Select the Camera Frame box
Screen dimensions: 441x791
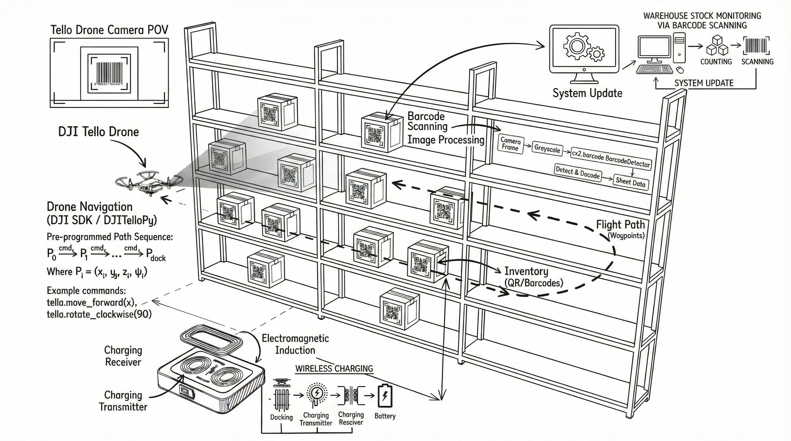(510, 144)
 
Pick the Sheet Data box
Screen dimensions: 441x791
(630, 182)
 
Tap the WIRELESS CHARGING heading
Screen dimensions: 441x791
(334, 368)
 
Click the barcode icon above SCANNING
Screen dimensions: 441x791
(756, 46)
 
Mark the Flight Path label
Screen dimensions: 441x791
(620, 225)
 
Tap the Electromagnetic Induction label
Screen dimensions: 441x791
(295, 344)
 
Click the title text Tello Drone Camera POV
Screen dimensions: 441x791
(109, 30)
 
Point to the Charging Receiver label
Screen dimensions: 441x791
(123, 356)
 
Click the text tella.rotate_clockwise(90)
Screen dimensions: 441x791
(99, 314)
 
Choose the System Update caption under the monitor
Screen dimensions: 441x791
(587, 93)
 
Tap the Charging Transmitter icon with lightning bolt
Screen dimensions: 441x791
(316, 394)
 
